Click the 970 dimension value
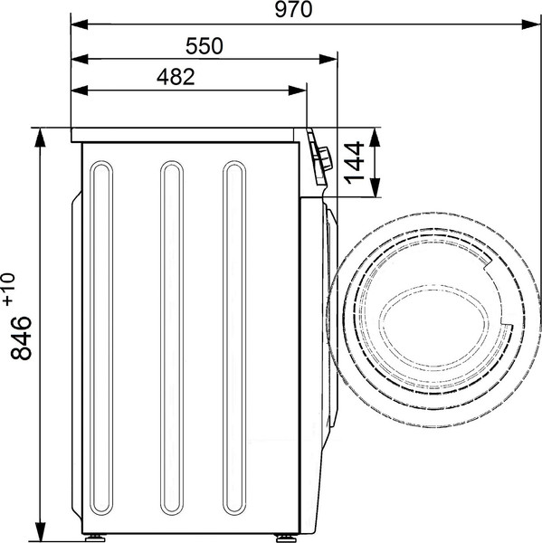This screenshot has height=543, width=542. tap(293, 10)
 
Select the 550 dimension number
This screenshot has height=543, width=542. tap(204, 46)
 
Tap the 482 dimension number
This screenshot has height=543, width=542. tap(176, 77)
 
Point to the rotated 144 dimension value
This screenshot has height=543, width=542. tap(355, 162)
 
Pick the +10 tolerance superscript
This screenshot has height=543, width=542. tap(9, 290)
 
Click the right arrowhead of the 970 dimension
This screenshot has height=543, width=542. tap(530, 24)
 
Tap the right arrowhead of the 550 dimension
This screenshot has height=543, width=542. tap(328, 59)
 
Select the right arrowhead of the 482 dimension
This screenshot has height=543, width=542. tap(297, 90)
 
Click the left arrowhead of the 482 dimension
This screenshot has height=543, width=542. tap(80, 90)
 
